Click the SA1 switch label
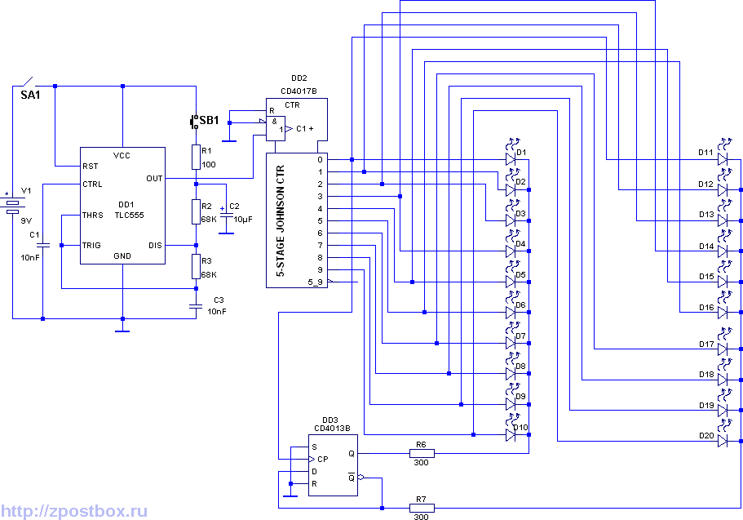[x=30, y=95]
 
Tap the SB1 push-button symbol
[x=194, y=122]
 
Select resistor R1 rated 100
[x=197, y=157]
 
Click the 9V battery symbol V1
[x=13, y=204]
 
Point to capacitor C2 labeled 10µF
[x=226, y=216]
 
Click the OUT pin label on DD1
[x=154, y=179]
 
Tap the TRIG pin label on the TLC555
[x=91, y=245]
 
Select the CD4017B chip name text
[x=299, y=91]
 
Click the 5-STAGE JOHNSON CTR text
[x=281, y=221]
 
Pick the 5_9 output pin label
[x=315, y=282]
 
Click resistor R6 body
[x=422, y=453]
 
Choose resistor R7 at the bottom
[x=422, y=508]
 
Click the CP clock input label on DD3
[x=323, y=460]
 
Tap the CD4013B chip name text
[x=332, y=428]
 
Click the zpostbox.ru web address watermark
[x=74, y=512]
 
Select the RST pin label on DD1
[x=90, y=166]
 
